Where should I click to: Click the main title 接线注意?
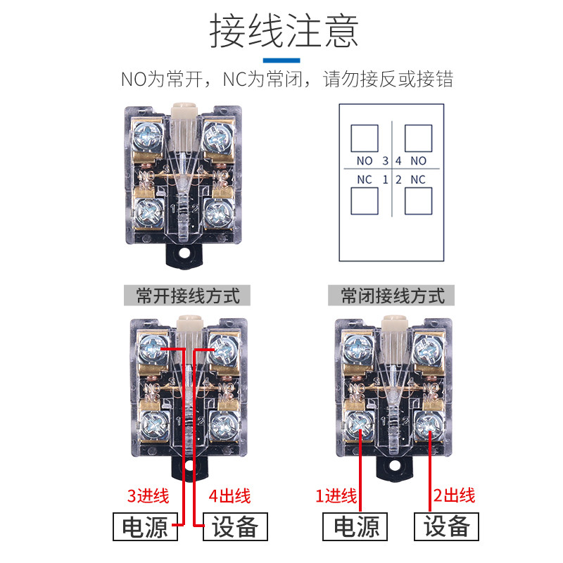(x=284, y=30)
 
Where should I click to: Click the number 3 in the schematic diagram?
(x=385, y=161)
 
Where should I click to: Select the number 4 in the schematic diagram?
(x=398, y=161)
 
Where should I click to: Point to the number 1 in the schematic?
(x=385, y=179)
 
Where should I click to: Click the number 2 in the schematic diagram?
(x=398, y=179)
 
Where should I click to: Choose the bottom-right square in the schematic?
(x=419, y=202)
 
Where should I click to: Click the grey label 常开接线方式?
(x=187, y=296)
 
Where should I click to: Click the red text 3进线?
(x=148, y=496)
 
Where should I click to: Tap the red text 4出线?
(x=229, y=496)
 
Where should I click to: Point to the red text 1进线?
(x=336, y=496)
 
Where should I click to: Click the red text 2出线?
(x=453, y=496)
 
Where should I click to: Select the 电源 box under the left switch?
(x=145, y=527)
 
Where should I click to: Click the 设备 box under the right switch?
(x=445, y=526)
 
